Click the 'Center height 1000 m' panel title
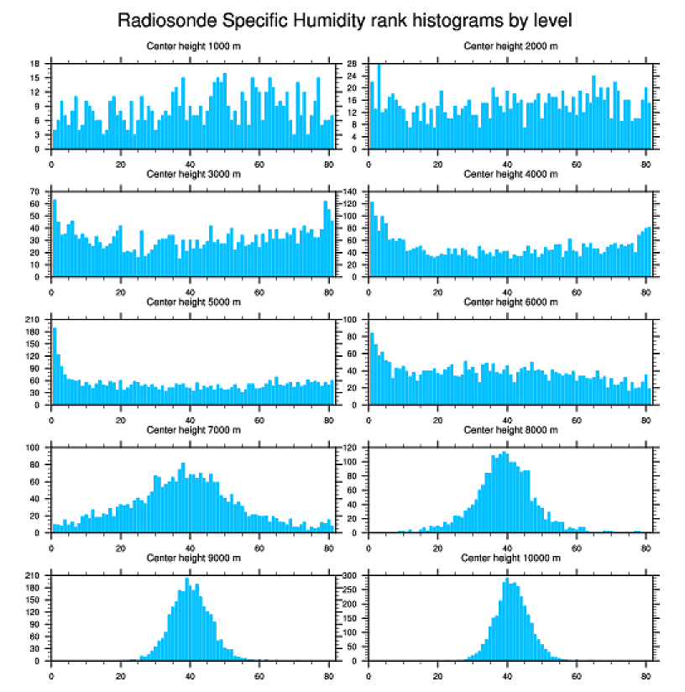click(x=193, y=45)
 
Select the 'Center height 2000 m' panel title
click(x=510, y=45)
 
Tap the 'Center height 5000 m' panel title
click(x=193, y=301)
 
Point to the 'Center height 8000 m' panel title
click(x=510, y=430)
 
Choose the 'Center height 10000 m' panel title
click(x=510, y=558)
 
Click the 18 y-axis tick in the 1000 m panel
click(x=36, y=64)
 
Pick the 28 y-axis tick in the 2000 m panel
click(x=353, y=64)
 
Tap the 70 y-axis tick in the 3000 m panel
click(x=36, y=192)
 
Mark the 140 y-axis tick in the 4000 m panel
click(x=351, y=192)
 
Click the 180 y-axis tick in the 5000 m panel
click(x=34, y=333)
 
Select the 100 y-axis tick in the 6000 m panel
click(x=351, y=320)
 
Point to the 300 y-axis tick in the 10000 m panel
click(x=351, y=576)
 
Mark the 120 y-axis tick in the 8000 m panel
click(x=351, y=448)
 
